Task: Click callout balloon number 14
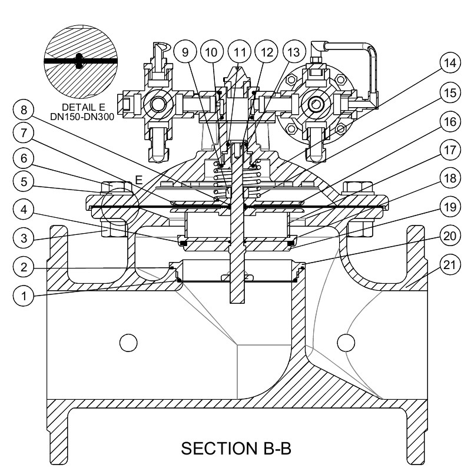pos(450,64)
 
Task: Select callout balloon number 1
pos(24,296)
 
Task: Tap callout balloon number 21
pos(450,266)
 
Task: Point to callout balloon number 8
pos(24,110)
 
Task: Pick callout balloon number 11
pos(240,52)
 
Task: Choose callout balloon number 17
pos(450,150)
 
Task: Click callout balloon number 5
pos(24,182)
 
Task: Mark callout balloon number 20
pos(450,237)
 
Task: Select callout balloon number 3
pos(24,238)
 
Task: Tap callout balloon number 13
pos(294,52)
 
